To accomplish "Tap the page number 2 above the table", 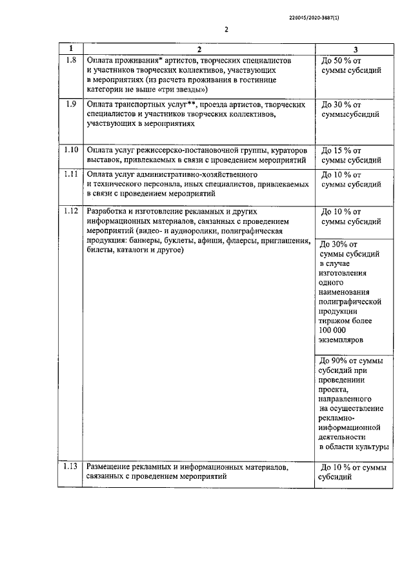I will coord(227,29).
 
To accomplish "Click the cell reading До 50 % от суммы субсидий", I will coord(350,65).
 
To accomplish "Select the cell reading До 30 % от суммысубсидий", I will coord(350,109).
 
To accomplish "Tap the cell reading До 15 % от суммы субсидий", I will coord(350,155).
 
